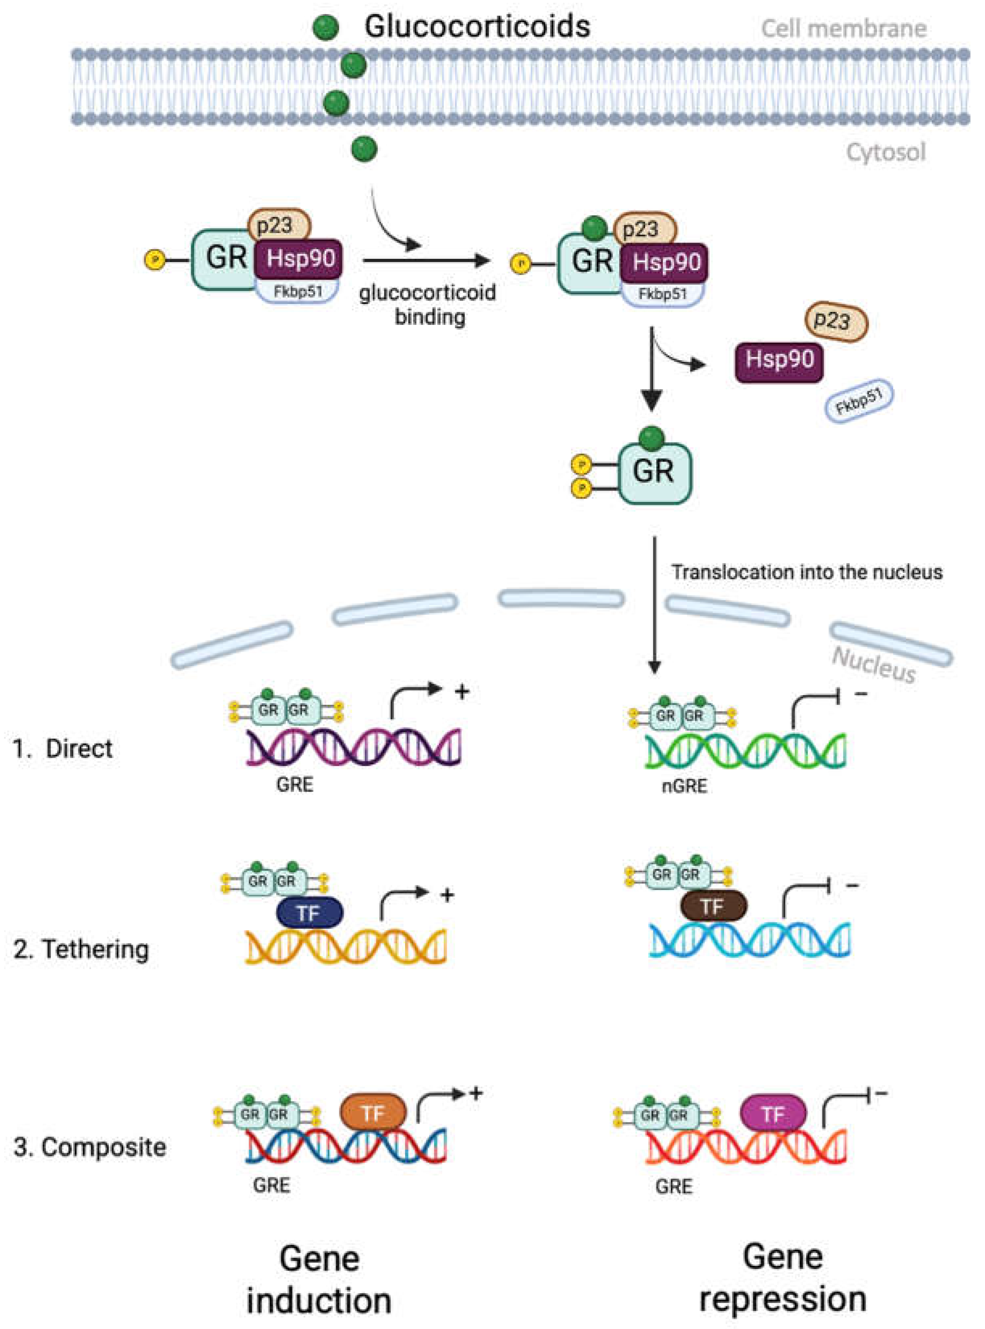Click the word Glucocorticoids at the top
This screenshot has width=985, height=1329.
tap(477, 27)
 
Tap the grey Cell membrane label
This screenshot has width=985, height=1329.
tap(844, 29)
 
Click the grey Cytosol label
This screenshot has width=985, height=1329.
tap(886, 153)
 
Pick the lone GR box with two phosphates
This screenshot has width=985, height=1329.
tap(655, 473)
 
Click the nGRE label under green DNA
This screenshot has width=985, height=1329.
tap(684, 786)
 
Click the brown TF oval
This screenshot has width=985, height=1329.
tap(713, 907)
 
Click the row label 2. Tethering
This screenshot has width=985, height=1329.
tap(81, 949)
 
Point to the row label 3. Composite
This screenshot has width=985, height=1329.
tap(89, 1147)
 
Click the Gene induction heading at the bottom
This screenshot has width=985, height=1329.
tap(319, 1279)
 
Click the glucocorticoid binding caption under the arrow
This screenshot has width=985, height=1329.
tap(427, 305)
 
